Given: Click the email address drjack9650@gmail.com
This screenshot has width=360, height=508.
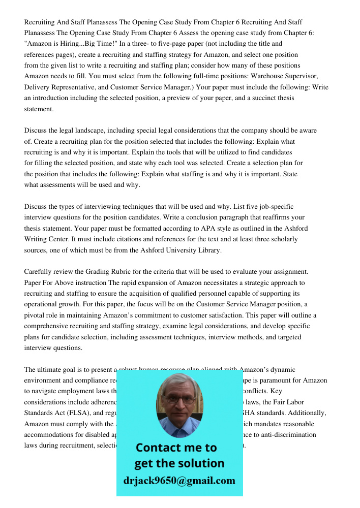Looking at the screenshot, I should tap(179, 481).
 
